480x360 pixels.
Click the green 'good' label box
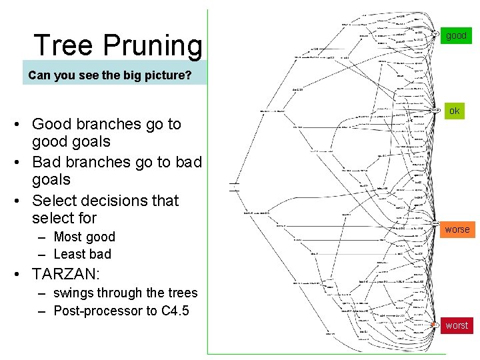(x=457, y=35)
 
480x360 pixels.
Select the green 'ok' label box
(x=455, y=111)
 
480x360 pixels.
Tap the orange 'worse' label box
(x=457, y=229)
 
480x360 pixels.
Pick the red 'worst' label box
(x=457, y=325)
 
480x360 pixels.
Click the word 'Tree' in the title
(x=64, y=45)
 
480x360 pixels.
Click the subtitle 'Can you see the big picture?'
(x=109, y=75)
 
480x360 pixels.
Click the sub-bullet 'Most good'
(x=84, y=237)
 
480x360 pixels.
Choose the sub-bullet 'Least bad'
(x=82, y=254)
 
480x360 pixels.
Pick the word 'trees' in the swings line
(x=181, y=293)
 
